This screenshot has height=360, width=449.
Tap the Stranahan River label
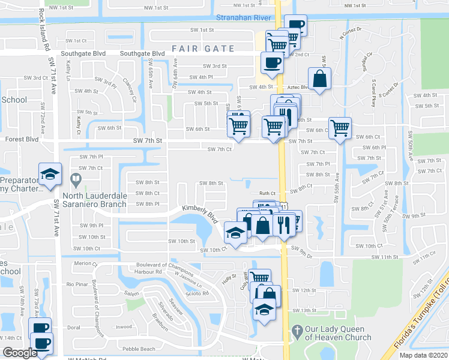(x=244, y=18)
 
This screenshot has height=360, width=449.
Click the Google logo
(x=19, y=353)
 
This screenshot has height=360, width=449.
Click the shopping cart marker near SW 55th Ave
(x=340, y=128)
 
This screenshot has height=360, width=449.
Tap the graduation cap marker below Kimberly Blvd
(x=235, y=233)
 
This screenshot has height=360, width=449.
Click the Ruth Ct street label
(x=267, y=193)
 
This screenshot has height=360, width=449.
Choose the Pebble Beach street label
(x=138, y=349)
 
